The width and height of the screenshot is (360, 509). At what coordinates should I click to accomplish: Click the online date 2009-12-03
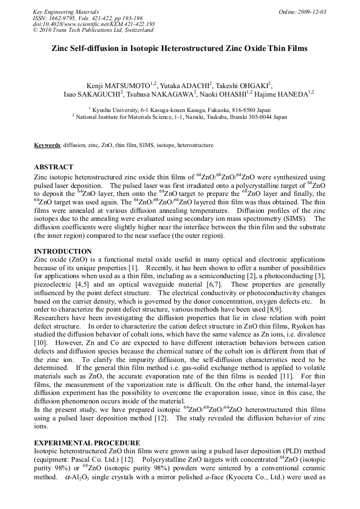click(312, 12)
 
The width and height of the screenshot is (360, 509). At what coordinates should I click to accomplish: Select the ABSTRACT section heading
click(54, 167)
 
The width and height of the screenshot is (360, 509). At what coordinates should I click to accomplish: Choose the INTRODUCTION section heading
click(63, 251)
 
